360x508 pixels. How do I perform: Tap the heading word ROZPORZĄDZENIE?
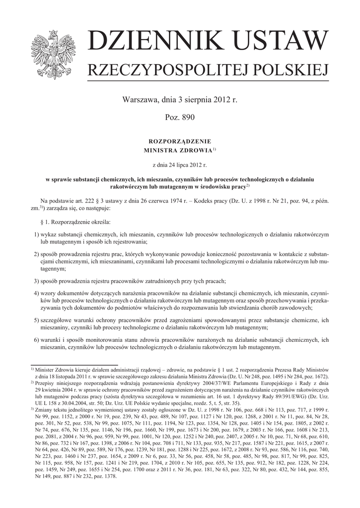[180, 141]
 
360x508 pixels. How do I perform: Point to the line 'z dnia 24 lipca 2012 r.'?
[179, 163]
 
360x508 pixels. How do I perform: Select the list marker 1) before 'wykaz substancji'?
[37, 233]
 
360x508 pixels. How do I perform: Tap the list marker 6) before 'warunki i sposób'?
[37, 339]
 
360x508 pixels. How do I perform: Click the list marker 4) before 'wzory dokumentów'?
[37, 293]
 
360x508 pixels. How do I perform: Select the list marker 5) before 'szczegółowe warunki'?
[37, 320]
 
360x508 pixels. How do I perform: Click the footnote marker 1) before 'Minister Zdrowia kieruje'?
[32, 369]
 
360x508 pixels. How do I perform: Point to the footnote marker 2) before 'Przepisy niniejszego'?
[32, 382]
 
